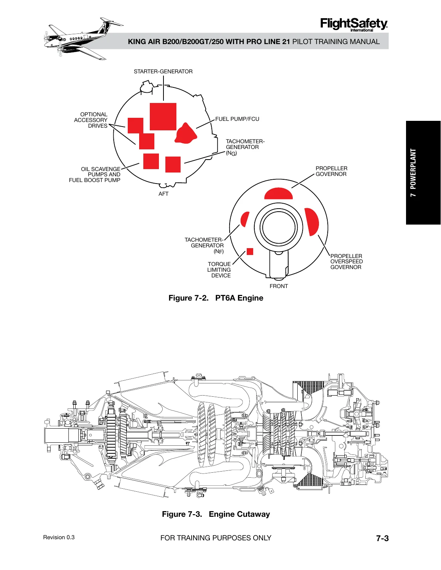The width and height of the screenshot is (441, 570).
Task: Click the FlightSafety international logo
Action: pyautogui.click(x=354, y=25)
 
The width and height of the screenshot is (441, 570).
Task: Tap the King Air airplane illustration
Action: pyautogui.click(x=83, y=39)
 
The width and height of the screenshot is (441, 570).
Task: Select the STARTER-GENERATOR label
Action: pyautogui.click(x=163, y=71)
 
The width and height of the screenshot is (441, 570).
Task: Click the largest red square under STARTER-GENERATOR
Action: pyautogui.click(x=163, y=116)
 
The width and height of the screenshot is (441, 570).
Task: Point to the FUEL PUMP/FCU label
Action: pyautogui.click(x=237, y=119)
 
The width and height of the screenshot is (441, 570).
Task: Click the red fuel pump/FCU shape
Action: pyautogui.click(x=186, y=134)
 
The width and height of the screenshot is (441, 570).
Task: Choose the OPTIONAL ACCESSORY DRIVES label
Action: pyautogui.click(x=90, y=120)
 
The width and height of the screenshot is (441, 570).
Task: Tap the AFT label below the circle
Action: pyautogui.click(x=163, y=193)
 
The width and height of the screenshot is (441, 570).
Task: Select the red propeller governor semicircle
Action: pyautogui.click(x=278, y=193)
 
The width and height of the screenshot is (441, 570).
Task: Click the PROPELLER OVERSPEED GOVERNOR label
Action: pyautogui.click(x=346, y=261)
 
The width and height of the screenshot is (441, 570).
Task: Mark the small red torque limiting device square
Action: pyautogui.click(x=250, y=251)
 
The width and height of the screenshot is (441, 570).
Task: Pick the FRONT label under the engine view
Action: pyautogui.click(x=279, y=286)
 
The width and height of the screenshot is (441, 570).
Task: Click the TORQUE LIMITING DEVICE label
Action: pyautogui.click(x=219, y=270)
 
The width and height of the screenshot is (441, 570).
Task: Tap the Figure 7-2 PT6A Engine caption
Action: pyautogui.click(x=216, y=298)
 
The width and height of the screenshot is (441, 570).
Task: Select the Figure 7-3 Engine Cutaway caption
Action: pyautogui.click(x=216, y=514)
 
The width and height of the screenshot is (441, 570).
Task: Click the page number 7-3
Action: pyautogui.click(x=382, y=538)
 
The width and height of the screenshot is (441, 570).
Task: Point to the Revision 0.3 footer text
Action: pyautogui.click(x=59, y=537)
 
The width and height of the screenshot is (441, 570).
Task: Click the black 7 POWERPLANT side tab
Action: pyautogui.click(x=423, y=173)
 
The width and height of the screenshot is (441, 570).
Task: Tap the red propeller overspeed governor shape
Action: pyautogui.click(x=312, y=222)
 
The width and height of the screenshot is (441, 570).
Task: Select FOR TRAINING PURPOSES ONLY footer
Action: pyautogui.click(x=216, y=538)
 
